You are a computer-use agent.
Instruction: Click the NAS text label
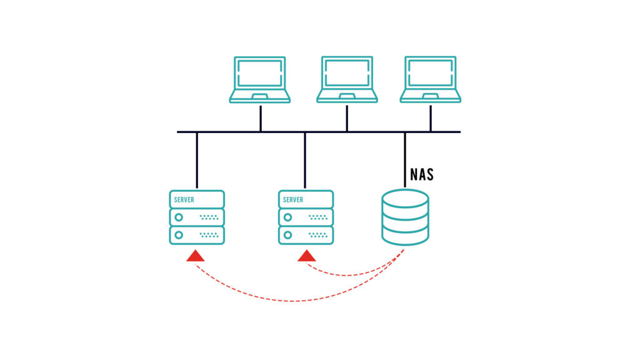[421, 174]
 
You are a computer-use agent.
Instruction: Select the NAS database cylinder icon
[405, 217]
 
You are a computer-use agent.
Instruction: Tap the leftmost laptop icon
[259, 79]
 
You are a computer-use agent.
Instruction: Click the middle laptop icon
[347, 79]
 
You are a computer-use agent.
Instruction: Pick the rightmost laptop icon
[431, 79]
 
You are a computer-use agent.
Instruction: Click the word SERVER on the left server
[184, 200]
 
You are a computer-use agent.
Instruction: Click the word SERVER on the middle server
[293, 200]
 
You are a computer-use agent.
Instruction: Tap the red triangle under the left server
[196, 256]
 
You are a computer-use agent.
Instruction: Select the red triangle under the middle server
[307, 256]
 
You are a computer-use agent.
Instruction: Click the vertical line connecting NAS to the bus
[405, 159]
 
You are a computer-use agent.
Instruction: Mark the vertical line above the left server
[197, 160]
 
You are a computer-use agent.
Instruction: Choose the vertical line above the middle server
[305, 160]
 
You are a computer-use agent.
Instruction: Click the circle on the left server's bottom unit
[179, 235]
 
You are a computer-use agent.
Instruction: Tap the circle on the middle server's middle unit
[287, 217]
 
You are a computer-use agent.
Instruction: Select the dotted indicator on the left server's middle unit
[209, 217]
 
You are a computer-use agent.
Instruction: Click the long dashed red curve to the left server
[294, 301]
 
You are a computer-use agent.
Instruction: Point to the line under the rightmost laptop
[431, 117]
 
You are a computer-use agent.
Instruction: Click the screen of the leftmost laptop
[259, 72]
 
